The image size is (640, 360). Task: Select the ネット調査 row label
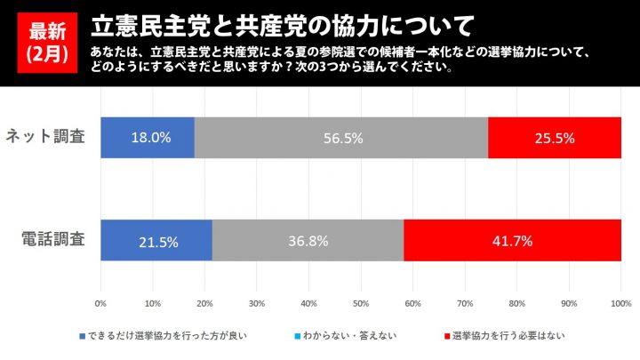(45, 138)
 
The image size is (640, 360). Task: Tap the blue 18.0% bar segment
(148, 138)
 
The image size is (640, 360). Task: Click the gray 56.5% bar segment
(341, 138)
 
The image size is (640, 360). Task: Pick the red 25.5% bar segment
(555, 138)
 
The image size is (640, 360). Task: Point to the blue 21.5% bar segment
(156, 240)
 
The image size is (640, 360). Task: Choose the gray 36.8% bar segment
(308, 240)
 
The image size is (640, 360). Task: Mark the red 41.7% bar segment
(513, 240)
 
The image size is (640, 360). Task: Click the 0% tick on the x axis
(100, 304)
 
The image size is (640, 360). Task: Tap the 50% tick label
(361, 304)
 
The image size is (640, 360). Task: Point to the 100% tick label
(620, 304)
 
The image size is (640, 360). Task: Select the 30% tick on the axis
(257, 304)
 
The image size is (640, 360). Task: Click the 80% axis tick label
(517, 304)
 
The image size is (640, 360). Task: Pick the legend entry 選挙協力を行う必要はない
(508, 336)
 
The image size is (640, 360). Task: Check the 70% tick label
(465, 304)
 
